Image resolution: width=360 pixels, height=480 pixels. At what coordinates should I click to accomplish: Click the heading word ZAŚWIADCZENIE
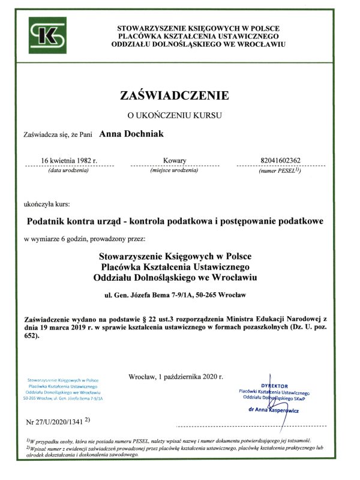[x=175, y=95]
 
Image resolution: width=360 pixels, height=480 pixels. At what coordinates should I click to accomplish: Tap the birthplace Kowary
[x=175, y=161]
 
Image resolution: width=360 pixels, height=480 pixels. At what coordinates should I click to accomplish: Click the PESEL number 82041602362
[x=281, y=161]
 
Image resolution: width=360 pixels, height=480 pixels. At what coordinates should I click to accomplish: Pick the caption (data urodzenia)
[x=68, y=171]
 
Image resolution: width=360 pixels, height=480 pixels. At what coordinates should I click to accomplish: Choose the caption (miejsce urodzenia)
[x=175, y=171]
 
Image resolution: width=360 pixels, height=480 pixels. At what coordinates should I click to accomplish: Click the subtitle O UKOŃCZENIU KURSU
[x=175, y=114]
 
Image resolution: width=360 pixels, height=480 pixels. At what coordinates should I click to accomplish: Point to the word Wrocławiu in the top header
[x=265, y=44]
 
